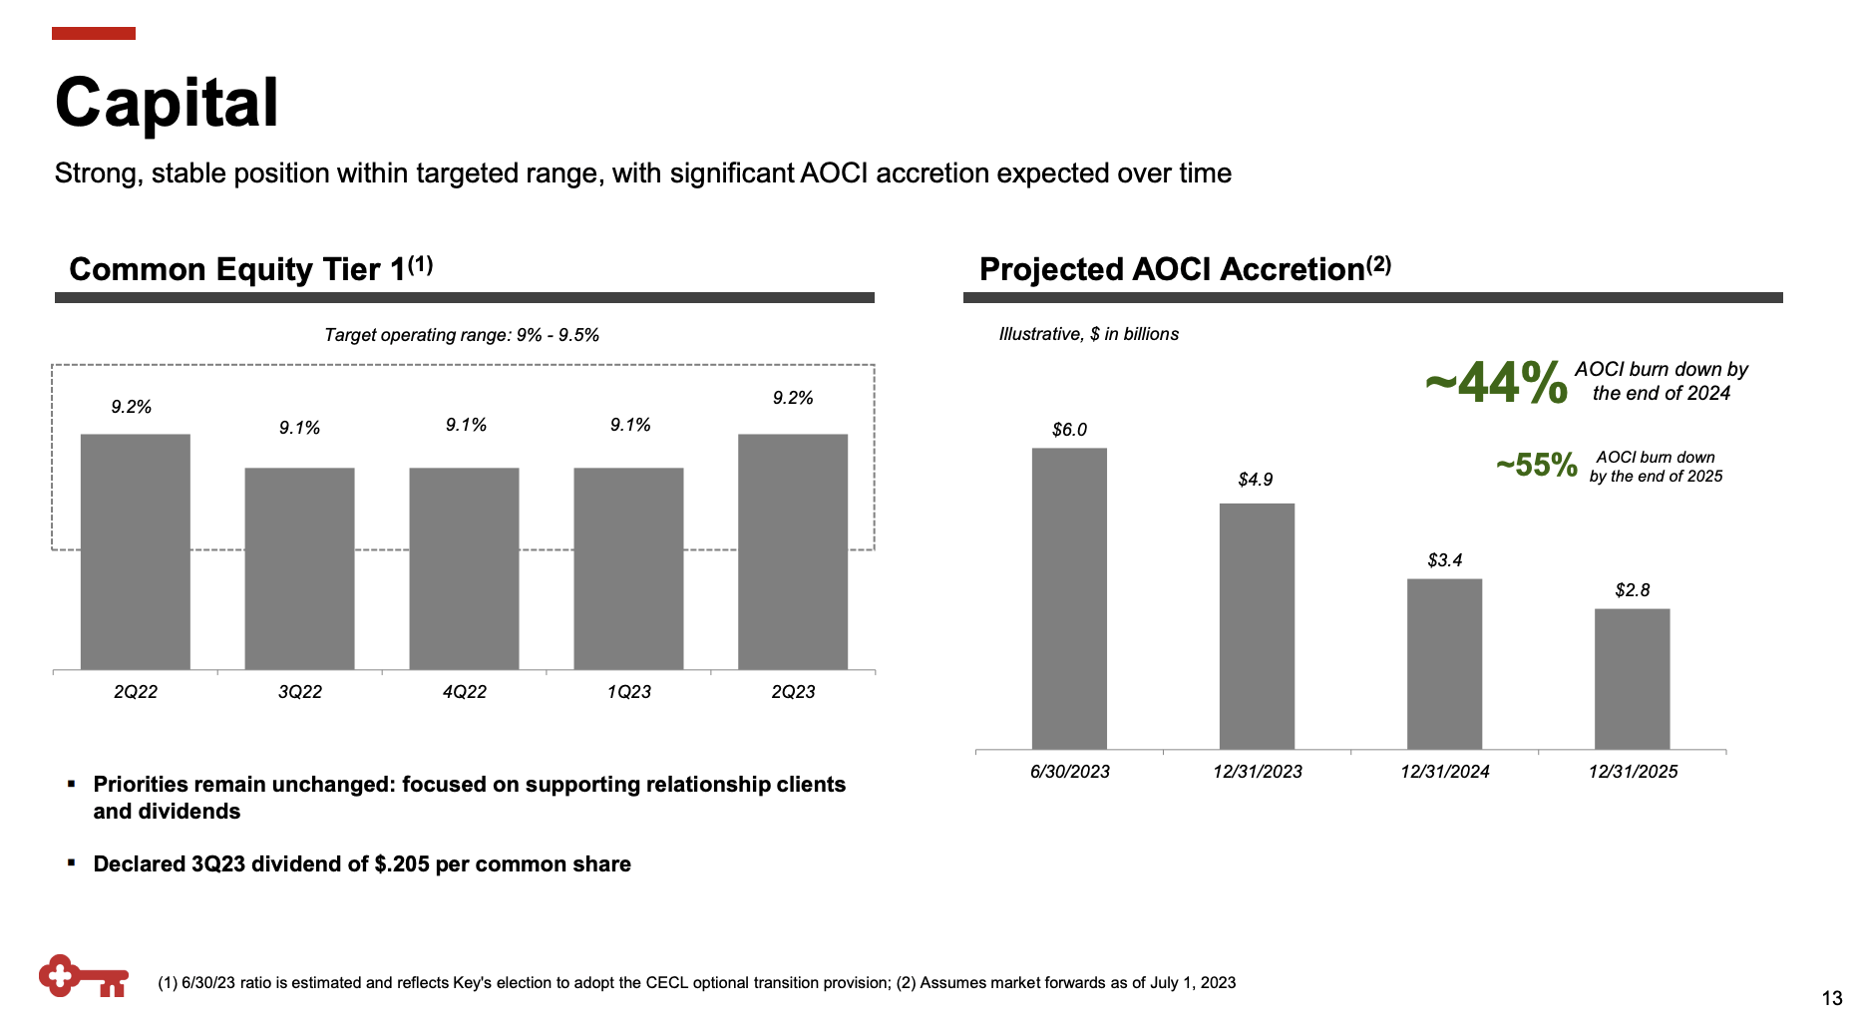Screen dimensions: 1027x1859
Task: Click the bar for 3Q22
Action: (299, 568)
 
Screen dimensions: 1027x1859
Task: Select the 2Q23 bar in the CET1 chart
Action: (793, 551)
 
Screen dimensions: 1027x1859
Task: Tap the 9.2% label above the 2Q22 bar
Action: (131, 407)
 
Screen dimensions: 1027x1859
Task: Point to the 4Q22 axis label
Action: (464, 692)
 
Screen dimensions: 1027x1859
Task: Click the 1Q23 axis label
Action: (628, 692)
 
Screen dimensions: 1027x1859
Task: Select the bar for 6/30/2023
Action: (1069, 598)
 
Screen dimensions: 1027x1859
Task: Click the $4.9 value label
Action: (1256, 480)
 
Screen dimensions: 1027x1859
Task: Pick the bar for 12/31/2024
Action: (1444, 664)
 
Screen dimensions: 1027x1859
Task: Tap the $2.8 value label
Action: (1633, 590)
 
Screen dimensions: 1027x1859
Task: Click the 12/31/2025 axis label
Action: (1633, 772)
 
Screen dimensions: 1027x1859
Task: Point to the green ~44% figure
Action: (1496, 383)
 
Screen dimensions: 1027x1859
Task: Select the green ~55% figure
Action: (1536, 465)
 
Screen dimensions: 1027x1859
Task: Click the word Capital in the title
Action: (167, 103)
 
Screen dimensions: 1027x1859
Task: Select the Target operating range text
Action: (461, 335)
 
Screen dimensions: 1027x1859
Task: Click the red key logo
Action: (83, 976)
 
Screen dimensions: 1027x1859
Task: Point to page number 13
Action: (1831, 998)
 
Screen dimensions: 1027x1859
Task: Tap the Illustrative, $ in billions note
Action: (1088, 334)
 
